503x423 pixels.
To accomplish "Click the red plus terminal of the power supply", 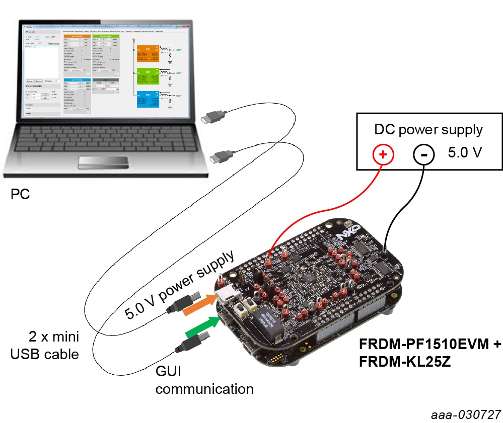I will point(383,154).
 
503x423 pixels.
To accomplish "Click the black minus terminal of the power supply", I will point(424,154).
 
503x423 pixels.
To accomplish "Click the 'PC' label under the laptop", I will point(21,194).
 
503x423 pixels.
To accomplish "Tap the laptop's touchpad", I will point(103,162).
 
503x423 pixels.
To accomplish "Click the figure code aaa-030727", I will point(466,414).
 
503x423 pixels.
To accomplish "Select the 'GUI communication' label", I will point(204,380).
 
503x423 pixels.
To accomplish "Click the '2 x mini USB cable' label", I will point(45,345).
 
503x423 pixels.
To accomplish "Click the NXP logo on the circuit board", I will point(342,235).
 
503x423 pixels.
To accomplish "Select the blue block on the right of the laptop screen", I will point(148,99).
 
